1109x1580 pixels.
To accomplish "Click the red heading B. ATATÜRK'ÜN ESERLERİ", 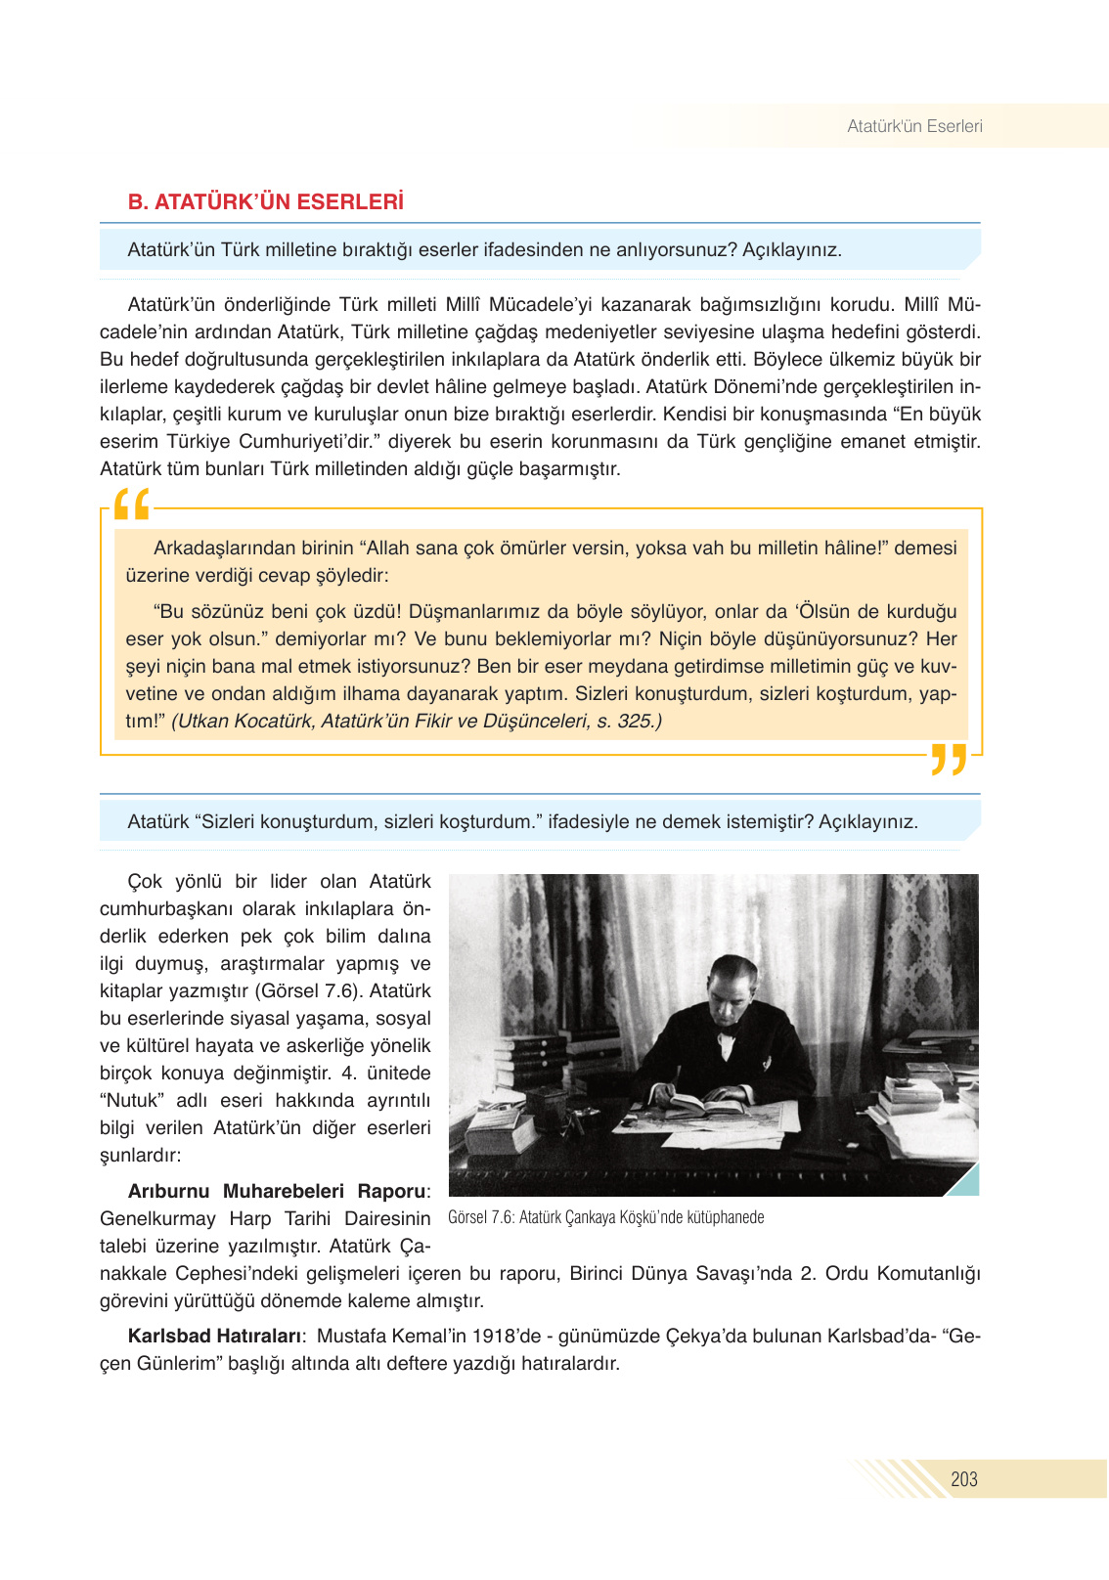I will [265, 202].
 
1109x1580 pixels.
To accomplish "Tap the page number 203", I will [963, 1479].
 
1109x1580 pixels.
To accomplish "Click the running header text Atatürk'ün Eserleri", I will [913, 126].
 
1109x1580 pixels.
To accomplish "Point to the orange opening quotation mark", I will [132, 505].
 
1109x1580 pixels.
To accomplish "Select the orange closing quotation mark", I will [948, 759].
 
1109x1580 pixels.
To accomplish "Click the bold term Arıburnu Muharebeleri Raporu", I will [277, 1191].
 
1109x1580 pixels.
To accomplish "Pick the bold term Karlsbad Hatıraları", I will [214, 1336].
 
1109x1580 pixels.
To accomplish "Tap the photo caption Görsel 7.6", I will [605, 1217].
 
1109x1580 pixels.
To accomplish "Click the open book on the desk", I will [706, 1105].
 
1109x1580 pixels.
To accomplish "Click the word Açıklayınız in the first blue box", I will [791, 249].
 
